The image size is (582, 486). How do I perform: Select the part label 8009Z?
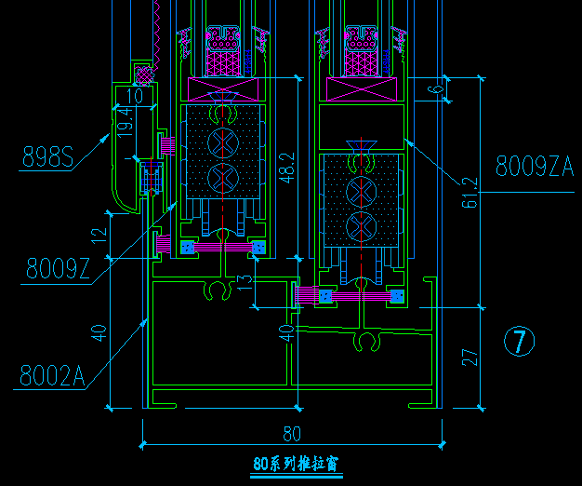tap(58, 269)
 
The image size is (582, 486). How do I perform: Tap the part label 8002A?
tap(52, 375)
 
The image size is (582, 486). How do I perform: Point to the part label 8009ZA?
tap(534, 167)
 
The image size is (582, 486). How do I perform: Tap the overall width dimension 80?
tap(292, 433)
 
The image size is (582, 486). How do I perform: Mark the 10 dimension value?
tap(135, 95)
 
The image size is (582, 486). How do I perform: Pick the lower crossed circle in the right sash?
tap(361, 226)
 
